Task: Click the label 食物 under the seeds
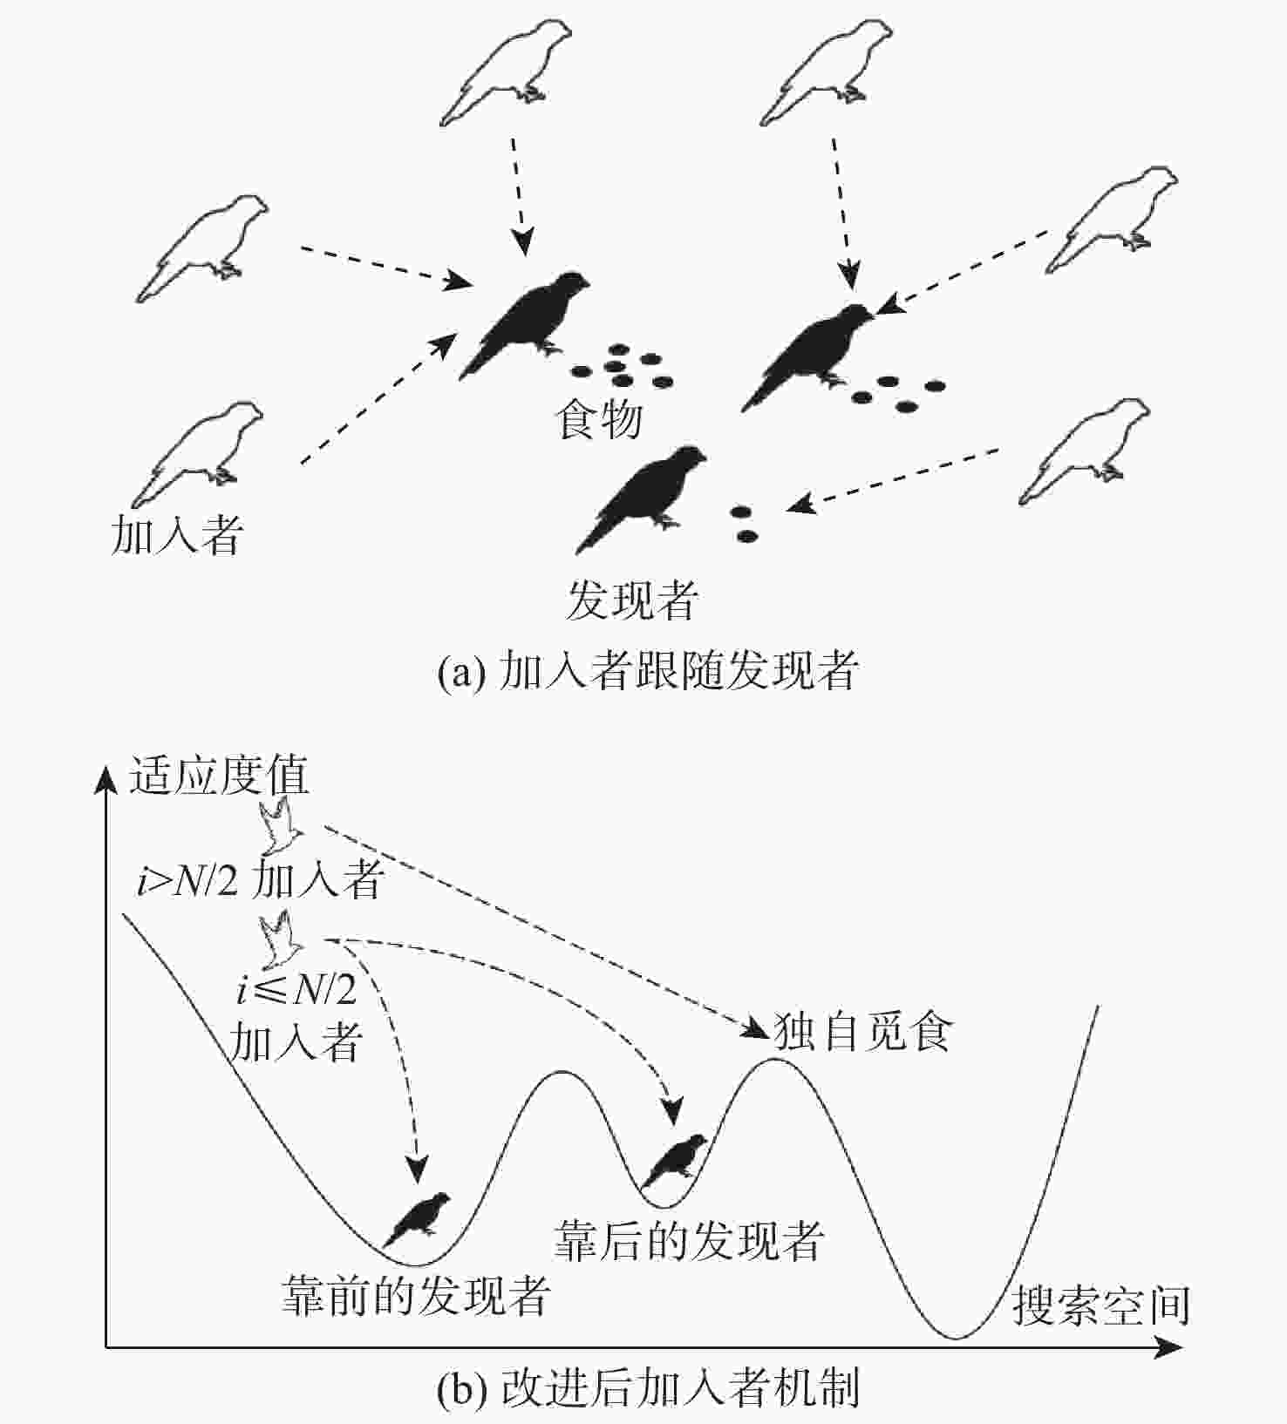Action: tap(599, 419)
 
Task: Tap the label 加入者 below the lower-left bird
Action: tap(176, 534)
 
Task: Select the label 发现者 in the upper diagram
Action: tap(632, 600)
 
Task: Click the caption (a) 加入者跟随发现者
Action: tap(648, 671)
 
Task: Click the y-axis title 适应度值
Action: tap(219, 775)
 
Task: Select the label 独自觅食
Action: tap(862, 1033)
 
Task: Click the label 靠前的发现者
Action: tap(415, 1296)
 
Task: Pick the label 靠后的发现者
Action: tap(689, 1239)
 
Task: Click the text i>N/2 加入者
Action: tap(260, 881)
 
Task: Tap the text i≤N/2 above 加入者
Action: tap(296, 990)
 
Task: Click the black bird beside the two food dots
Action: tap(643, 498)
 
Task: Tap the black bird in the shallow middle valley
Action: tap(674, 1160)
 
